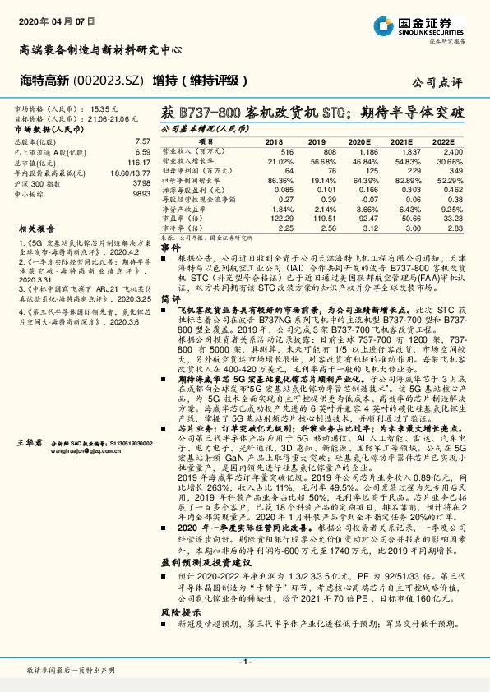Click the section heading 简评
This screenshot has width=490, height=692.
point(169,302)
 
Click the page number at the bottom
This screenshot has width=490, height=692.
point(245,661)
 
